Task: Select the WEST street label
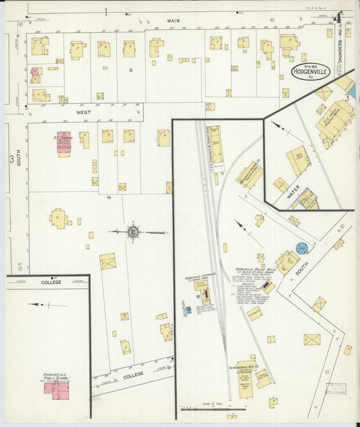[83, 111]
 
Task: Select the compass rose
[133, 232]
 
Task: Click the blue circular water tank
[302, 248]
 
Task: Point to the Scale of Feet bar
[213, 408]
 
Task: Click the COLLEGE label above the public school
[51, 282]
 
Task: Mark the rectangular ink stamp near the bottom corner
[336, 390]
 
